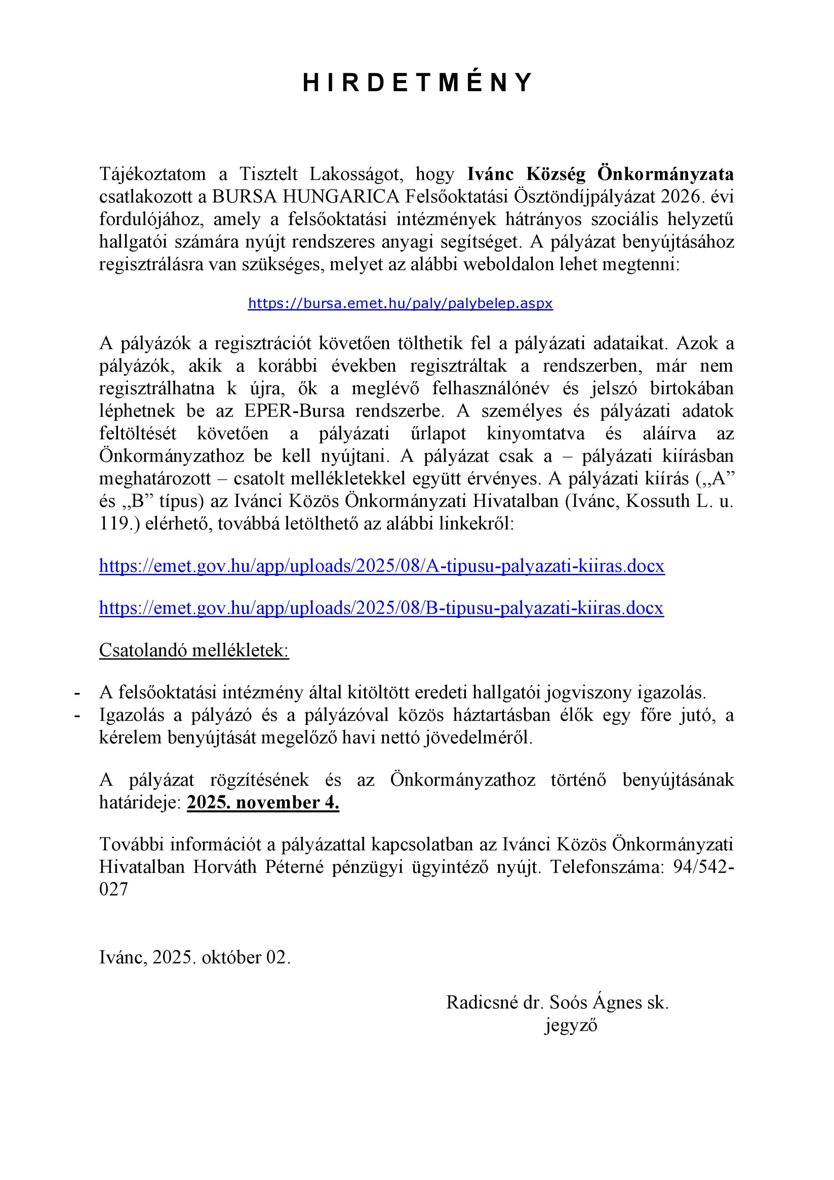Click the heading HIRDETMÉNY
(417, 83)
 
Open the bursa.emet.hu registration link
(400, 304)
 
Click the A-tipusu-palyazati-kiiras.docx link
(381, 566)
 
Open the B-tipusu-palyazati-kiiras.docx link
(381, 608)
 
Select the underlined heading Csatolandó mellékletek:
(194, 650)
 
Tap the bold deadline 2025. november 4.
(263, 802)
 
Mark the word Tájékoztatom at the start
(153, 174)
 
